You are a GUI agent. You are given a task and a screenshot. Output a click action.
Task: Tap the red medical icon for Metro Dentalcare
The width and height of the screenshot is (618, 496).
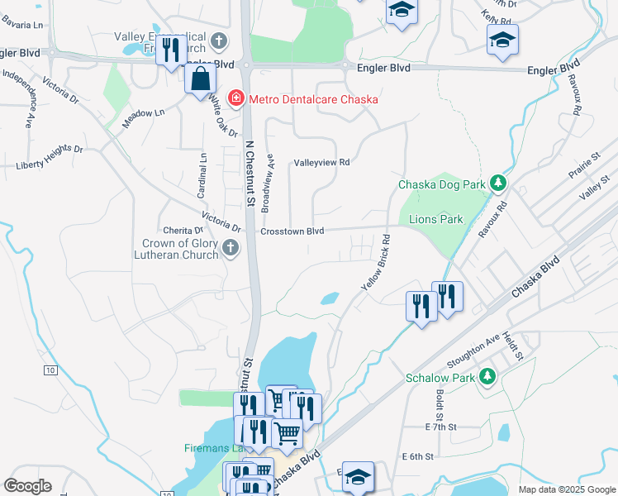coord(235,100)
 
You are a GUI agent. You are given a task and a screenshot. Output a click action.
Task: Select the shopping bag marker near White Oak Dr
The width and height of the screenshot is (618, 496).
coord(200,80)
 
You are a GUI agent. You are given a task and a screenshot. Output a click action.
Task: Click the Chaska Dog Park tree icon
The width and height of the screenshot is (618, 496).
coord(497,183)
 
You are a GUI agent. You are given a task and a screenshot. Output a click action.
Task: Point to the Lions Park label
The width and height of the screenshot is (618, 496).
coord(436,219)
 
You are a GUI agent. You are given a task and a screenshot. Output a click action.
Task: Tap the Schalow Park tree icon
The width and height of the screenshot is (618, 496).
coord(487,377)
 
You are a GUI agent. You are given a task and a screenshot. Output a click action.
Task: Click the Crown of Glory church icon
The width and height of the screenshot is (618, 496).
coord(231,247)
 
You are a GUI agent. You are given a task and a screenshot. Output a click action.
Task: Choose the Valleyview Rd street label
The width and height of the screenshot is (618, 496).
coord(323,163)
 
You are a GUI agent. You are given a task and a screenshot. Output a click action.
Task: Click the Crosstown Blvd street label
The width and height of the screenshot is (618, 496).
coord(292,231)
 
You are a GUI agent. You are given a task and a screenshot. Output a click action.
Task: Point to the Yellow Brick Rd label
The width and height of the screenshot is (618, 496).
coord(375,262)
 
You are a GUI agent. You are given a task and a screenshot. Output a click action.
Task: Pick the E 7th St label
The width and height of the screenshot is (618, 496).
coord(440,427)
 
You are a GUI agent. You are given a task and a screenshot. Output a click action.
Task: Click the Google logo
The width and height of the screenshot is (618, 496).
coord(28,486)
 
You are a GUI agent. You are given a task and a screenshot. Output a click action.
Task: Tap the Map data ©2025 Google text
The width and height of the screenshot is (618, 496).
coord(565,489)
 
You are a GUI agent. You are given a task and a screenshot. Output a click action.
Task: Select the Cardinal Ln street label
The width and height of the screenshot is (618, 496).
coord(202,174)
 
